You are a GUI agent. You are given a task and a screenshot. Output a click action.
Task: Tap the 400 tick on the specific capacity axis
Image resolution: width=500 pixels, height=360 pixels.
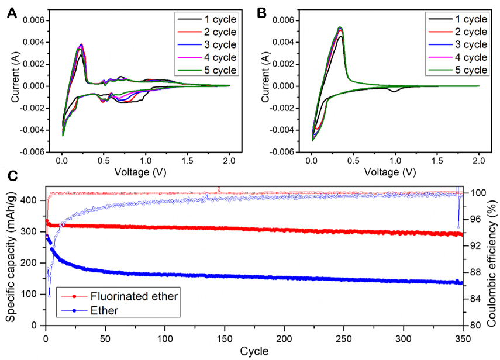(x=34, y=200)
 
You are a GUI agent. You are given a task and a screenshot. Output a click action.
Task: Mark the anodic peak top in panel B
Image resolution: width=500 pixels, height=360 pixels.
(x=340, y=27)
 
